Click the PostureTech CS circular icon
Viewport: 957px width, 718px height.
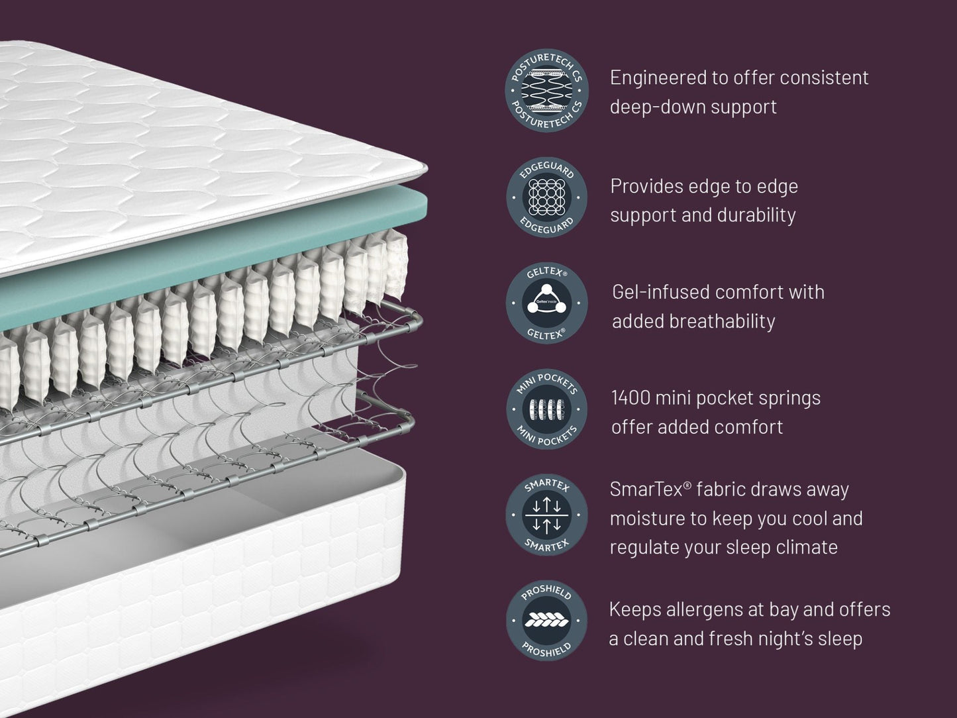click(x=546, y=91)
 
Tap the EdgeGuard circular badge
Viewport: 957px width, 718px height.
click(x=546, y=197)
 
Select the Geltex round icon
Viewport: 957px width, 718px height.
click(x=546, y=303)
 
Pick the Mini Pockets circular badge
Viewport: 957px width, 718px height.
click(x=546, y=409)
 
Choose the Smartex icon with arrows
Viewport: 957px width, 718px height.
click(x=546, y=515)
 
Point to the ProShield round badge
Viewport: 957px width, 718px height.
click(x=546, y=621)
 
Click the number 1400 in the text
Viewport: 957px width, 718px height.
click(x=630, y=398)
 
